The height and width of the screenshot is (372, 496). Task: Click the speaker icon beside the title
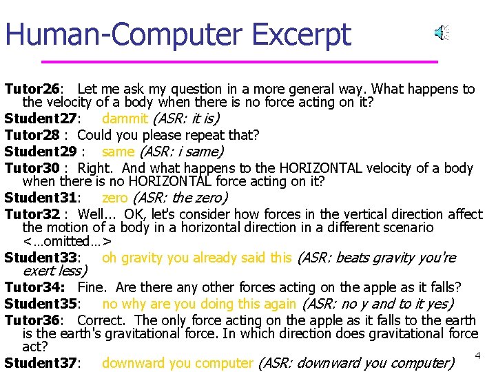[x=441, y=32]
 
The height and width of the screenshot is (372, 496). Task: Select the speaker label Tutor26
[x=32, y=89]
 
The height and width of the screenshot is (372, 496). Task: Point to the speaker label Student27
[x=42, y=118]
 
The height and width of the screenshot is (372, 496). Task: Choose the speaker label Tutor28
[x=32, y=135]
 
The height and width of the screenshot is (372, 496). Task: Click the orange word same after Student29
[x=118, y=152]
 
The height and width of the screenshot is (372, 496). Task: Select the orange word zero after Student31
[x=115, y=198]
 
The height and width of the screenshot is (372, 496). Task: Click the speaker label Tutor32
[x=32, y=214]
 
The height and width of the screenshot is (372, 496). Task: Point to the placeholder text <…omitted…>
[x=67, y=241]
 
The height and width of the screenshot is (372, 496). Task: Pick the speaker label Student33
[x=42, y=258]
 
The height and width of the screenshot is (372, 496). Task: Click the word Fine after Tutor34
[x=92, y=287]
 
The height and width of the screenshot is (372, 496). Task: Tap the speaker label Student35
[x=42, y=304]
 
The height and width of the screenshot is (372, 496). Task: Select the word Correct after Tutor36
[x=101, y=320]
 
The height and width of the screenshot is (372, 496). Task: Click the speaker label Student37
[x=42, y=363]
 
